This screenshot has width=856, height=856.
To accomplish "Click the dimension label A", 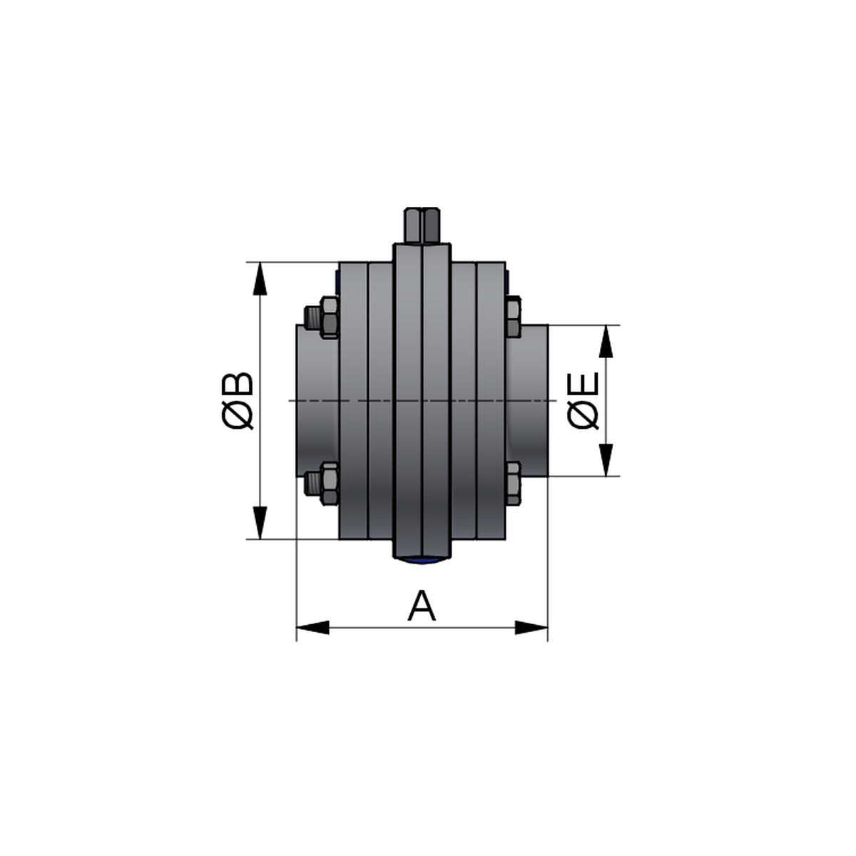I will pyautogui.click(x=422, y=607).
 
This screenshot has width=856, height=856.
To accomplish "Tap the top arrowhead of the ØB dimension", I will pyautogui.click(x=260, y=278).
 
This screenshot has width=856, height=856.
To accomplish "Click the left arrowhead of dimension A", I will pyautogui.click(x=313, y=628).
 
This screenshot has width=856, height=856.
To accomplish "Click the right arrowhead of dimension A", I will pyautogui.click(x=531, y=628).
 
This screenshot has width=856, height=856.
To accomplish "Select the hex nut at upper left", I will pyautogui.click(x=329, y=317).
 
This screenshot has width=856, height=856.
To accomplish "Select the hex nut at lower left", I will pyautogui.click(x=329, y=484).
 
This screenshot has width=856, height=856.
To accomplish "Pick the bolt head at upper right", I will pyautogui.click(x=514, y=317).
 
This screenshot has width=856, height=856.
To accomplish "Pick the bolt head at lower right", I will pyautogui.click(x=514, y=484).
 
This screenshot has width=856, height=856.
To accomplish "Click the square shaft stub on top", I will pyautogui.click(x=422, y=225).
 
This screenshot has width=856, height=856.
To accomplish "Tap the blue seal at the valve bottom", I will pyautogui.click(x=422, y=561).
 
